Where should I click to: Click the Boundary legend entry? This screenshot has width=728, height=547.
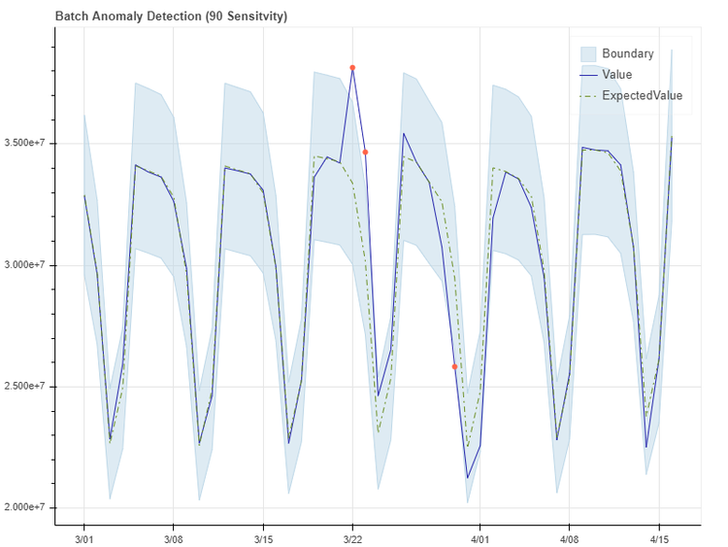coord(627,52)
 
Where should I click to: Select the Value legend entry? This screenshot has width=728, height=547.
coord(616,74)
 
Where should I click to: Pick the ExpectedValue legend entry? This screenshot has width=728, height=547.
coord(642,95)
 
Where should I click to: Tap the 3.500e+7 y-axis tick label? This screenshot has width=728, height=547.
coord(28,144)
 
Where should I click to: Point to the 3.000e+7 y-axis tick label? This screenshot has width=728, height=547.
coord(28,265)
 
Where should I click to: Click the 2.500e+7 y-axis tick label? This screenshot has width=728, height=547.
coord(28,387)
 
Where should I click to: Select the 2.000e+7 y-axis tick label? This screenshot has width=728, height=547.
coord(28,508)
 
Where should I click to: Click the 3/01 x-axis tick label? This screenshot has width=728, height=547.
coord(83,537)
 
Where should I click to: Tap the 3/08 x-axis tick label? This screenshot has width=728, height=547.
coord(174,537)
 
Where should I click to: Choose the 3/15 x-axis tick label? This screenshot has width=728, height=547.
coord(263,537)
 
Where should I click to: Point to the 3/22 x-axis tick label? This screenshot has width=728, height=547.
coord(352,537)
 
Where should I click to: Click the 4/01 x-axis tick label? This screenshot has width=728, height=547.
coord(480,537)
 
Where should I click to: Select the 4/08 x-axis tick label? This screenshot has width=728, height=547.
coord(570,537)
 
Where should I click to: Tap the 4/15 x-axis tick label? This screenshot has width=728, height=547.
coord(659,537)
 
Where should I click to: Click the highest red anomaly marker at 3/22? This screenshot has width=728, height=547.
coord(352,68)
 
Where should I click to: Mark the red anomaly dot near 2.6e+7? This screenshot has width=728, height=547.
coord(454,366)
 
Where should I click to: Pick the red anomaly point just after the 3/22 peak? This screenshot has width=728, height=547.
coord(365,153)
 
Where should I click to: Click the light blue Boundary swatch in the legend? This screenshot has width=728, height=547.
coord(587,52)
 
